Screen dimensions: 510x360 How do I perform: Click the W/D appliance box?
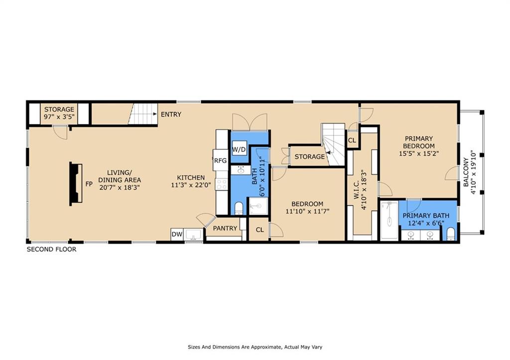(x=240, y=149)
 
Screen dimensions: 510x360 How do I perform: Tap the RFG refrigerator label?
(x=220, y=161)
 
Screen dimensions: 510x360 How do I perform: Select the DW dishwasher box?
(x=177, y=234)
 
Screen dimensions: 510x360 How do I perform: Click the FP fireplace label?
(x=89, y=184)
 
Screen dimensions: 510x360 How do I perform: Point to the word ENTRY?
(x=171, y=115)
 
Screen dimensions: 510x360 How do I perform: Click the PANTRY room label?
(x=225, y=228)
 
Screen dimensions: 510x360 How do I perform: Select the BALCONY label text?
(x=466, y=172)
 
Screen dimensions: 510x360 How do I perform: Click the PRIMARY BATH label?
(x=426, y=216)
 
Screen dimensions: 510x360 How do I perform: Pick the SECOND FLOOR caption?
(x=51, y=249)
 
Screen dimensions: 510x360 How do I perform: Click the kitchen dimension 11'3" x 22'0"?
(x=191, y=185)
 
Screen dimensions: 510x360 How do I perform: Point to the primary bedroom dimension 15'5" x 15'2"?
(x=419, y=153)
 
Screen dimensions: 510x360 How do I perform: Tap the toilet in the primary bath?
(x=451, y=235)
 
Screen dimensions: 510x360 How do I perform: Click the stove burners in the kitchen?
(x=222, y=184)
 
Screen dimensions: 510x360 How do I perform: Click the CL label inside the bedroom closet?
(x=259, y=230)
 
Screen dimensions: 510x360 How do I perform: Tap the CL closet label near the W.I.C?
(x=352, y=141)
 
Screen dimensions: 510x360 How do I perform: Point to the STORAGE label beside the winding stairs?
(x=310, y=157)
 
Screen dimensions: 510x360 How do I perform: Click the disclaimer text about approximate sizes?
(x=255, y=347)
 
